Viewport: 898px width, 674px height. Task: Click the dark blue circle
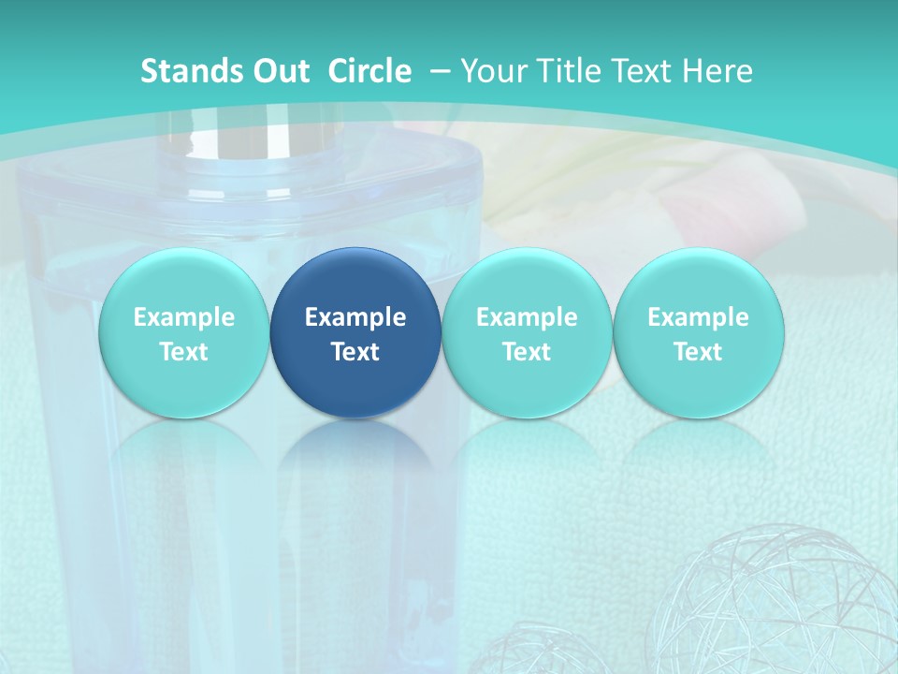[x=355, y=332]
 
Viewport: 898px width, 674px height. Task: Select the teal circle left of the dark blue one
[x=183, y=332]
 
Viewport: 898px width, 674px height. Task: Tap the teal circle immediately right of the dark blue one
[x=527, y=332]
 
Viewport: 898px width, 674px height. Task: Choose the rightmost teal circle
[x=698, y=332]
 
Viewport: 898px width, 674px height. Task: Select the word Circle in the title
[x=369, y=71]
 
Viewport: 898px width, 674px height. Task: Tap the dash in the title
[x=440, y=71]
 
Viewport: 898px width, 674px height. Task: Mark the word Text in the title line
[x=647, y=71]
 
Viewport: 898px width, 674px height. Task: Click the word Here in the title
[x=720, y=71]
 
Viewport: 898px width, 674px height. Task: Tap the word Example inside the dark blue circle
[x=355, y=317]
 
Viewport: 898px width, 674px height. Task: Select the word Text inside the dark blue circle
[x=355, y=352]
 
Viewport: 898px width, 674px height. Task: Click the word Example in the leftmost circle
[x=183, y=317]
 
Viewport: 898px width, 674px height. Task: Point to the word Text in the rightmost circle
[x=698, y=352]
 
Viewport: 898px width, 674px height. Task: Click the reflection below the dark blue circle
[x=355, y=468]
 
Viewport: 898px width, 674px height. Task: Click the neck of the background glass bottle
[x=248, y=140]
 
